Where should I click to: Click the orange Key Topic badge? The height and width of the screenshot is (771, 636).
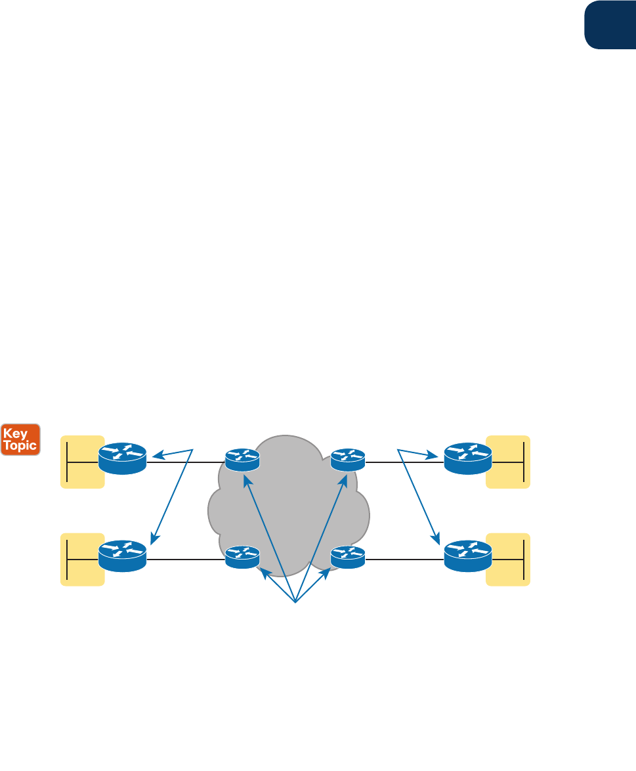tap(21, 439)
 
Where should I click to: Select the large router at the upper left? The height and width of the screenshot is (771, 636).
tap(122, 458)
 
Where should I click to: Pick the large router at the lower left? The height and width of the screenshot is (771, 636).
tap(122, 556)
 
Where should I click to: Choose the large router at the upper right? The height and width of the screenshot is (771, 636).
tap(467, 458)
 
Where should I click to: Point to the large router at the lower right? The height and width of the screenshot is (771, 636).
tap(467, 556)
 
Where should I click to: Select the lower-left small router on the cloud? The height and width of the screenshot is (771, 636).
tap(242, 557)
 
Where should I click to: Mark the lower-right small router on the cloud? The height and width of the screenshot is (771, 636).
tap(348, 557)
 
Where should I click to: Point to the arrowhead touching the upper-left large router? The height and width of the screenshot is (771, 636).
tap(156, 455)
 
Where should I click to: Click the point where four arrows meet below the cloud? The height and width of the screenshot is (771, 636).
tap(295, 602)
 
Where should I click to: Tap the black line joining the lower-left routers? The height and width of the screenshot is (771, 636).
tap(186, 560)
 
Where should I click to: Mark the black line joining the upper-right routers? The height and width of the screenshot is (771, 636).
tap(404, 462)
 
